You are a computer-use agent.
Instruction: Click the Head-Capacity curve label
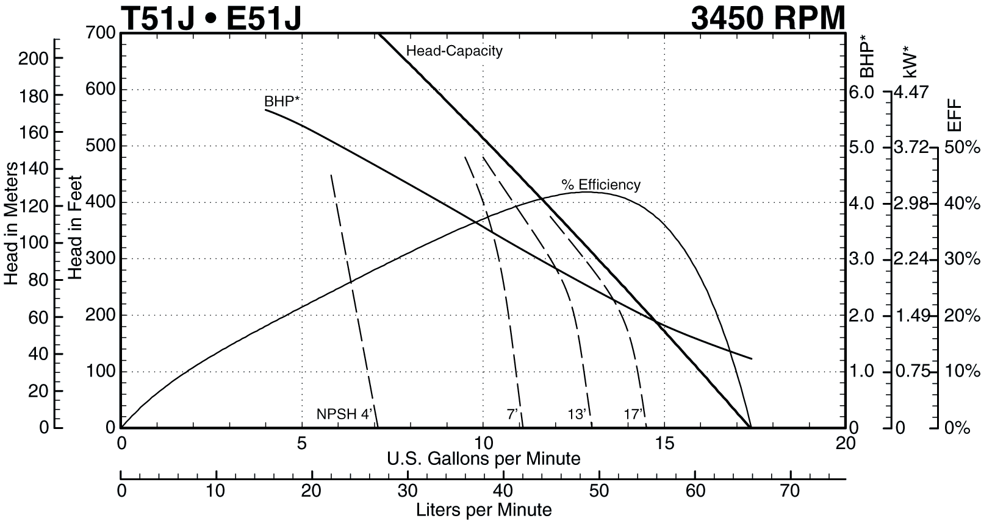click(x=454, y=51)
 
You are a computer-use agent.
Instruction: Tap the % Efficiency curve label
click(x=601, y=185)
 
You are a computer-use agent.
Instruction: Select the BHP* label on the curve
click(x=282, y=101)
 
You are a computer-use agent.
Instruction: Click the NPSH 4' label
click(x=344, y=414)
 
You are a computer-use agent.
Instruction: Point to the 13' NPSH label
click(x=577, y=414)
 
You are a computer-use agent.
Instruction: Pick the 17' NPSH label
click(x=633, y=414)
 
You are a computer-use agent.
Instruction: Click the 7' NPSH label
click(x=512, y=414)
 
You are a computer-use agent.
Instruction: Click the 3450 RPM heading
click(x=768, y=18)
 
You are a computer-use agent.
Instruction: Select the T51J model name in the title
click(x=158, y=18)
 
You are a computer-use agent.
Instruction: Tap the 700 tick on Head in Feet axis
click(x=101, y=32)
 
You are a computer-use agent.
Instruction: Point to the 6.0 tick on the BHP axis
click(x=861, y=92)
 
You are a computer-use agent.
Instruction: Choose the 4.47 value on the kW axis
click(x=911, y=92)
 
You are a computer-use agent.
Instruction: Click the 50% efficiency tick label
click(x=962, y=147)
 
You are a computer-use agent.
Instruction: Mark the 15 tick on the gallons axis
click(x=665, y=443)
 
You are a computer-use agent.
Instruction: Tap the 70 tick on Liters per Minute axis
click(x=791, y=490)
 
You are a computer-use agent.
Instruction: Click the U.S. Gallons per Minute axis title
click(x=483, y=458)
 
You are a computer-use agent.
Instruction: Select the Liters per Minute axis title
click(x=483, y=509)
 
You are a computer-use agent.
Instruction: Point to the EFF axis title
click(x=954, y=115)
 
